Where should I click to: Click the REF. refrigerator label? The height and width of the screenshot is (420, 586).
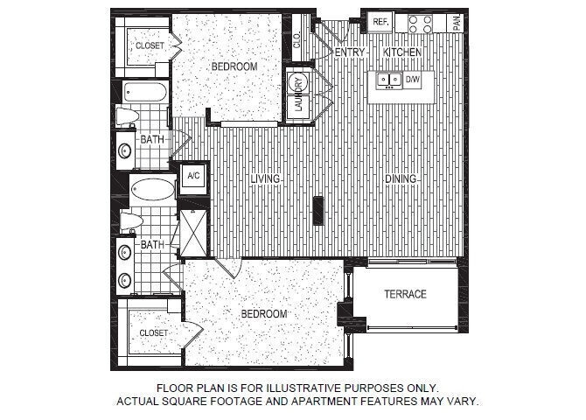pos(380,22)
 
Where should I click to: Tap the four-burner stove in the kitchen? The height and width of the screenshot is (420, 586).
pos(421,24)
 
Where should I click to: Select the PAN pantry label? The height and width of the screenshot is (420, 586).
pos(457,24)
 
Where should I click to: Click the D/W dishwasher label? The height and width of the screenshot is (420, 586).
pos(413,80)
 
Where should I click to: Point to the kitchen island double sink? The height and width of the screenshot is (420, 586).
pos(389,80)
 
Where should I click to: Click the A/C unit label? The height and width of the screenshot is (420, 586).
pos(193,175)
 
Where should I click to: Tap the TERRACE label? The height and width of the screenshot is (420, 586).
pos(406,294)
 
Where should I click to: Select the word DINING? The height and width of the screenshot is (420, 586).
pos(401,179)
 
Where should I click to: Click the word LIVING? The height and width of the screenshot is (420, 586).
pos(265,179)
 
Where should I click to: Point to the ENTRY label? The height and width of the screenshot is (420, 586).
pos(350,52)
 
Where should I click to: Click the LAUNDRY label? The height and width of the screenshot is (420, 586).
pos(298,94)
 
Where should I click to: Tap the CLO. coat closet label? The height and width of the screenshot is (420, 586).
pos(297,40)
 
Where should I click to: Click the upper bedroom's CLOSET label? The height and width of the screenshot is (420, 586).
pos(150,45)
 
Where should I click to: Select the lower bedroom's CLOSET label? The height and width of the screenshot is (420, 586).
pos(154,332)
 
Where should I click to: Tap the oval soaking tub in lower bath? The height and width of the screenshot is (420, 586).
pos(153,190)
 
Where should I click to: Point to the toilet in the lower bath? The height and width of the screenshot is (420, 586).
pos(131,221)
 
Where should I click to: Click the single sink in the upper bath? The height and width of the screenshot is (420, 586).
pos(125,151)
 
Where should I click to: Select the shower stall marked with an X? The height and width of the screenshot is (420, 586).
pos(193,234)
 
